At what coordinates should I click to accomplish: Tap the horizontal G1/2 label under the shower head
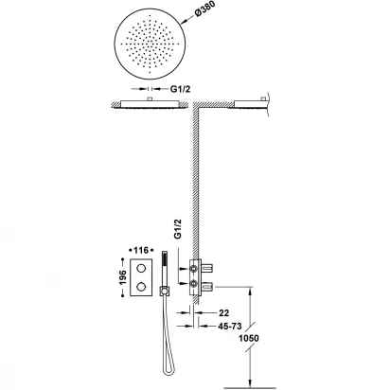tap(181, 89)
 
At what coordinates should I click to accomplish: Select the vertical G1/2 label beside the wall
tap(179, 229)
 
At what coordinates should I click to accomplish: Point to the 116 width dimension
tap(141, 250)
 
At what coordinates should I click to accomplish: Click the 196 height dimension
tap(123, 277)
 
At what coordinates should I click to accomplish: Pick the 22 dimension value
tap(223, 313)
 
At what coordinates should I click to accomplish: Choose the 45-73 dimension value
tap(230, 327)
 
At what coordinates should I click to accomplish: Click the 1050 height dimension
tap(248, 338)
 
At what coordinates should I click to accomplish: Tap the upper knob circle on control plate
tap(141, 269)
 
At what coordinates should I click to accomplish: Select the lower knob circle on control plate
tap(141, 286)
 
